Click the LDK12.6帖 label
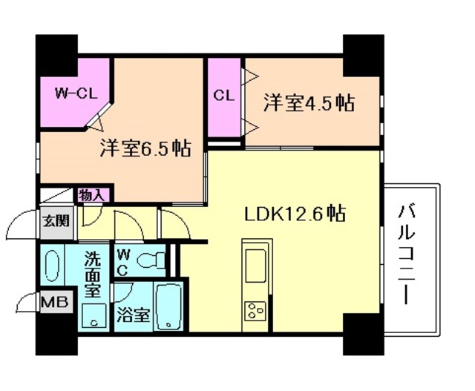pyautogui.click(x=295, y=214)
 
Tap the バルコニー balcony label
pyautogui.click(x=407, y=253)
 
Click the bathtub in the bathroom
pyautogui.click(x=170, y=307)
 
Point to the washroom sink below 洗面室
pyautogui.click(x=94, y=319)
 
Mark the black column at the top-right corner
pyautogui.click(x=363, y=54)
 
